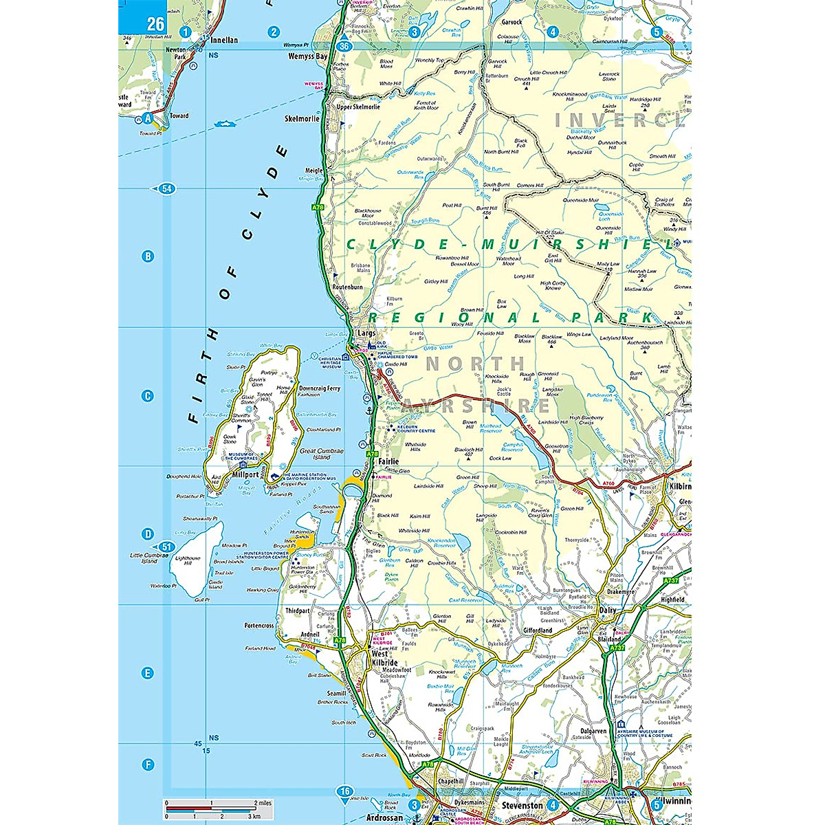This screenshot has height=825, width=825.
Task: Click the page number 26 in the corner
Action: [x=155, y=25]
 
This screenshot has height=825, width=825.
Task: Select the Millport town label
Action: [x=246, y=475]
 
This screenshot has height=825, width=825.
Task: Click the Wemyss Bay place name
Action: [x=307, y=56]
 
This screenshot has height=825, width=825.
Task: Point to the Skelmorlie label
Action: [x=302, y=118]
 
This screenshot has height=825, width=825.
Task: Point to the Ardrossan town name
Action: [x=386, y=818]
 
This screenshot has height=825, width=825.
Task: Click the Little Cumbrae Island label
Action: [x=145, y=557]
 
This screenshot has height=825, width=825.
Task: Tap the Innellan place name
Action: [x=223, y=40]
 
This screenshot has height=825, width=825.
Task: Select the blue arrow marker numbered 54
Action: [x=167, y=188]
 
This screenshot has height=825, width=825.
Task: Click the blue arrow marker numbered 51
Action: [x=164, y=547]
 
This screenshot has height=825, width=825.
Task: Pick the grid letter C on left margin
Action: [x=146, y=395]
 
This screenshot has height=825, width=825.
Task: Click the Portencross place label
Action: [x=259, y=626]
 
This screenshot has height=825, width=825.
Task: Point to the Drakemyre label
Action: [x=621, y=591]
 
